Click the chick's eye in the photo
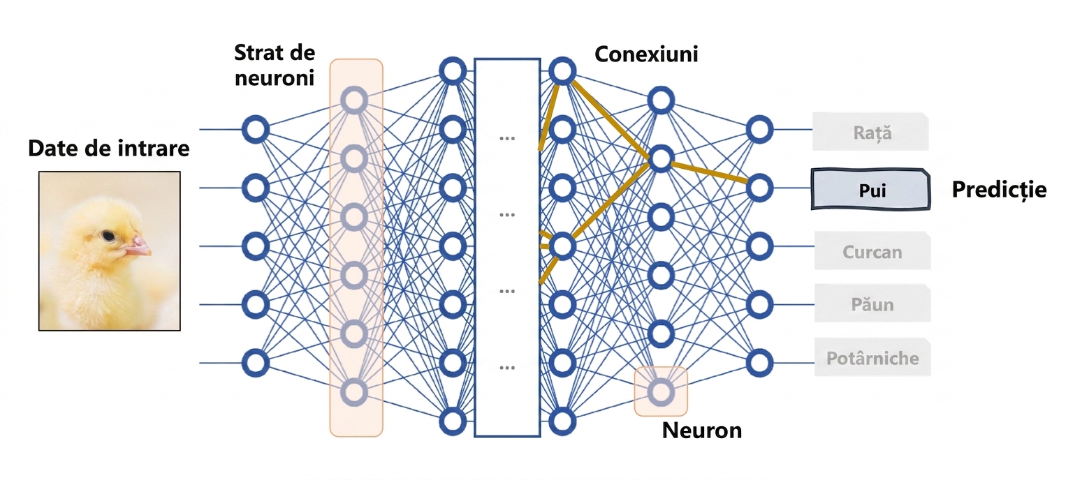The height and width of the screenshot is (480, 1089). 108,237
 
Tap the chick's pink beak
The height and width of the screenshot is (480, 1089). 138,246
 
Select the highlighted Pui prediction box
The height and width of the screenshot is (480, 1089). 871,189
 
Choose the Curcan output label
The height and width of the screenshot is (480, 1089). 872,251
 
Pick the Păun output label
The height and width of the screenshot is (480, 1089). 872,303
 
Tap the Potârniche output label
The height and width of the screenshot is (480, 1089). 872,357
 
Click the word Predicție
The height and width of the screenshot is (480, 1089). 999,190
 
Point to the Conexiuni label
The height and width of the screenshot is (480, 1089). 646,54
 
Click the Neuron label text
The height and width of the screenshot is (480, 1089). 701,430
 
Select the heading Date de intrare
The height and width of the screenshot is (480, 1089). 108,148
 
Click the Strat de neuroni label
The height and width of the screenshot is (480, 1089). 275,65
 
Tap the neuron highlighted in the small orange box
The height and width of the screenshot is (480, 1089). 662,391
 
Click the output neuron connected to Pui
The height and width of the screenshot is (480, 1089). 759,188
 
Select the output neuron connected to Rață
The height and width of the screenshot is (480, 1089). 759,130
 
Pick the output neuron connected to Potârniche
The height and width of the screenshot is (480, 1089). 759,363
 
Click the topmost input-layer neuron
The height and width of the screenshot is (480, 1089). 256,130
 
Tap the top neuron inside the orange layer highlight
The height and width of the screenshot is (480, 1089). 354,100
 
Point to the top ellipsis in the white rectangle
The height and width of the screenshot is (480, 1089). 507,138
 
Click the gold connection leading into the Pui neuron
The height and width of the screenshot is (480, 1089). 710,172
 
